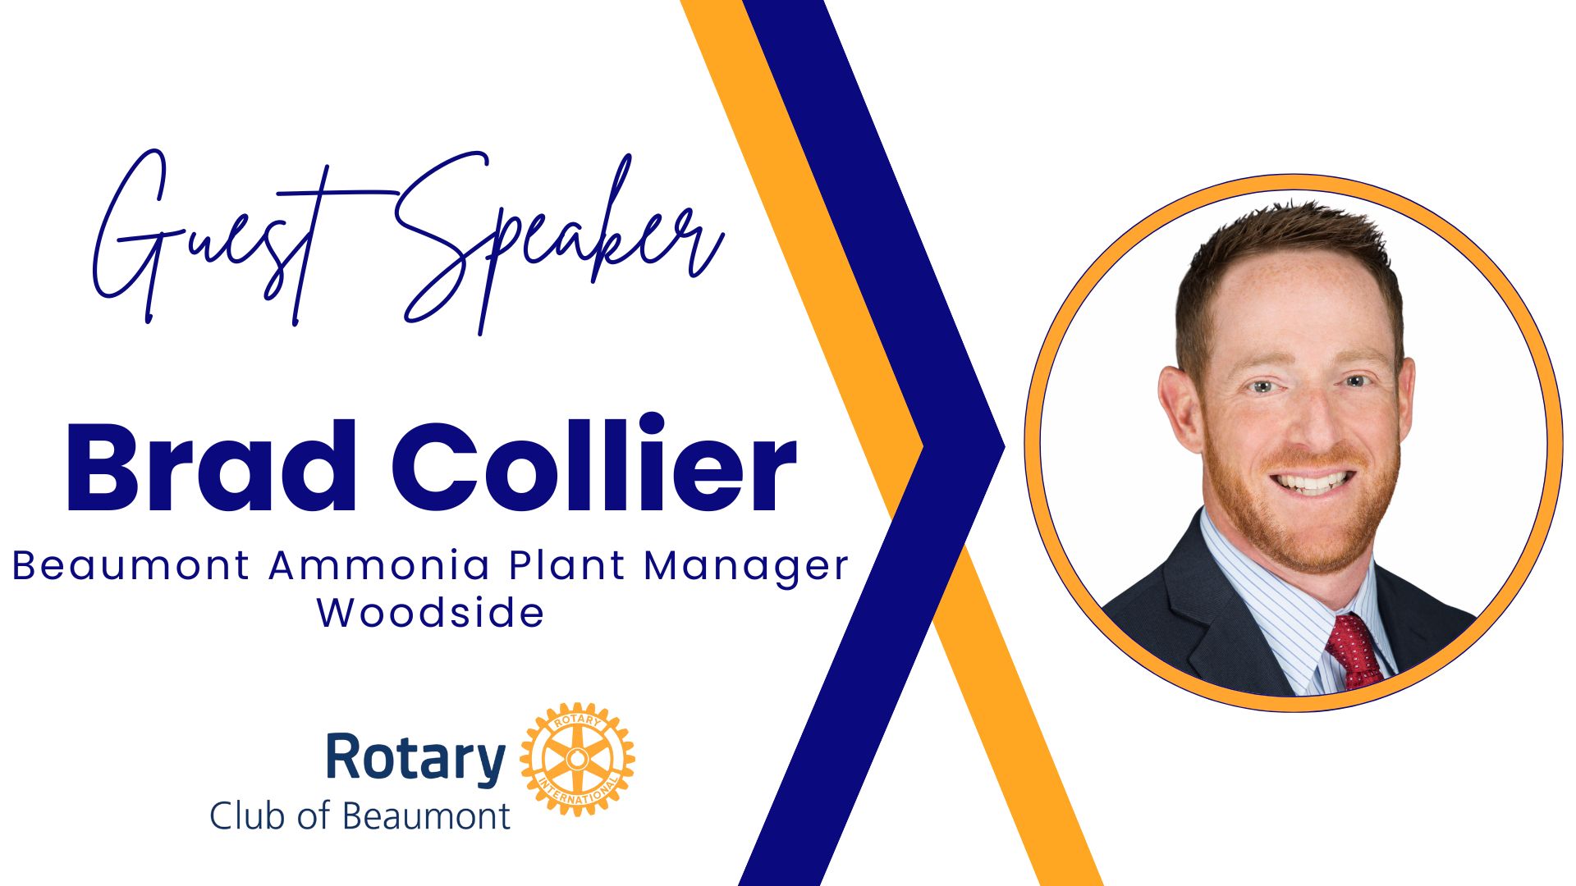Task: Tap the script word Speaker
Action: click(558, 242)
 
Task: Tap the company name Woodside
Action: click(431, 612)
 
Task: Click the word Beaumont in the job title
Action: click(131, 565)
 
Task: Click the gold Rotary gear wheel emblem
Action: click(577, 759)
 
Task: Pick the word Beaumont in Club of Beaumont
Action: click(426, 816)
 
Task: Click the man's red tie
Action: click(1354, 652)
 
